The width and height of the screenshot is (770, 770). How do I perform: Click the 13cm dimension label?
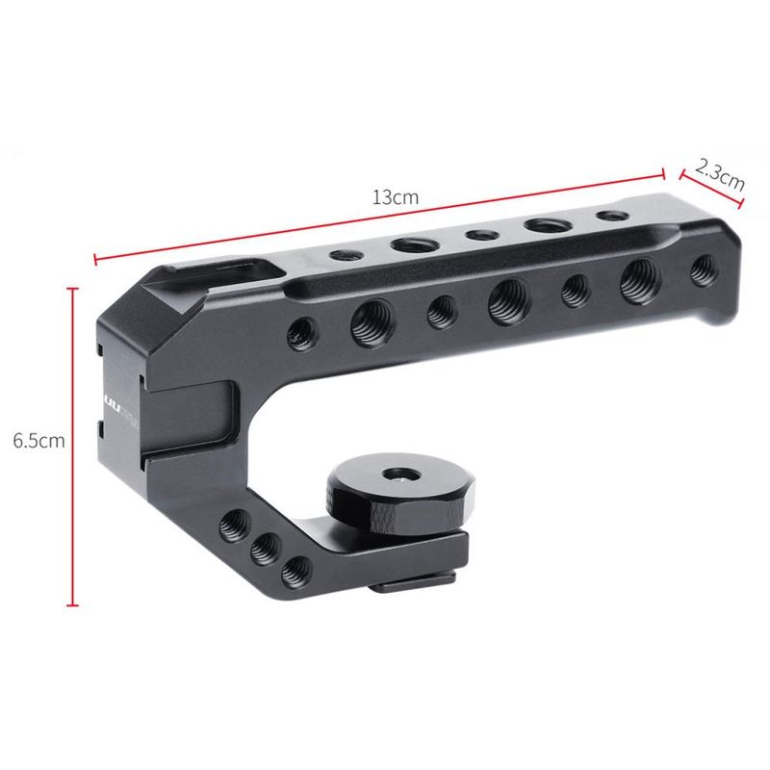pyautogui.click(x=396, y=197)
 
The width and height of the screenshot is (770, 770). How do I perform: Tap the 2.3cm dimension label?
pyautogui.click(x=720, y=176)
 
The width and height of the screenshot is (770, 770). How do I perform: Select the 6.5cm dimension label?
pyautogui.click(x=38, y=441)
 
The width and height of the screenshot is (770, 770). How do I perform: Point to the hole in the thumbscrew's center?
pyautogui.click(x=400, y=475)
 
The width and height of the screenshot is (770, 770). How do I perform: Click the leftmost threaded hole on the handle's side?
pyautogui.click(x=301, y=334)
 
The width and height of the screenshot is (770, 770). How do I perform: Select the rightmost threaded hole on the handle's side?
pyautogui.click(x=705, y=269)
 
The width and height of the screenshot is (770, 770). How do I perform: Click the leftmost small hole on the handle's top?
pyautogui.click(x=346, y=255)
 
